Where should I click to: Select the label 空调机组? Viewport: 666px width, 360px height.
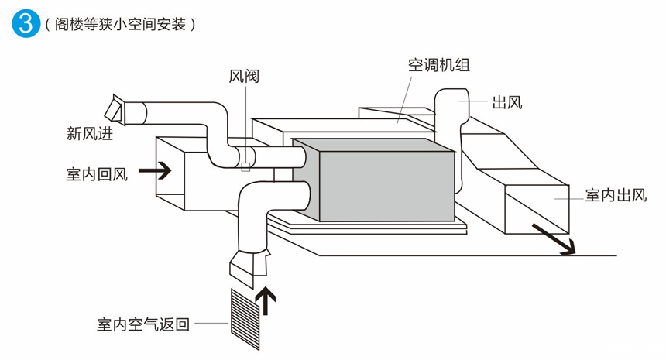(439, 65)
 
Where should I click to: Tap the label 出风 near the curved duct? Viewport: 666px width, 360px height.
(507, 101)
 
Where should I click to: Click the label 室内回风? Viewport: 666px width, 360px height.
(96, 172)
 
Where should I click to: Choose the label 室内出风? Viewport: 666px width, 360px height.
(615, 195)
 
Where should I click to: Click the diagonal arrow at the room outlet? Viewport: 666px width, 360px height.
(554, 238)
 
